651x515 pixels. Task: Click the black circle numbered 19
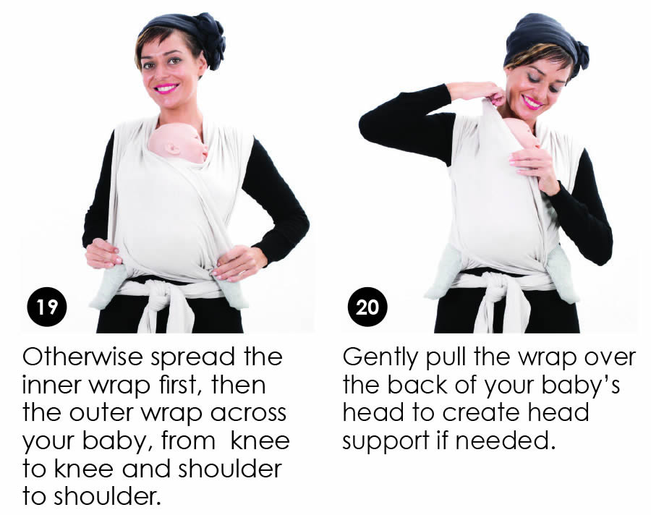[x=47, y=307]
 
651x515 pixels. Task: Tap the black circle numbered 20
[x=367, y=307]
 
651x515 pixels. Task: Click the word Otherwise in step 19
[x=82, y=357]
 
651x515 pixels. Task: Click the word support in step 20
[x=386, y=442]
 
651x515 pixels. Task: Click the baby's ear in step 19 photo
[x=171, y=148]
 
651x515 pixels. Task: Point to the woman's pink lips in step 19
[x=166, y=88]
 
